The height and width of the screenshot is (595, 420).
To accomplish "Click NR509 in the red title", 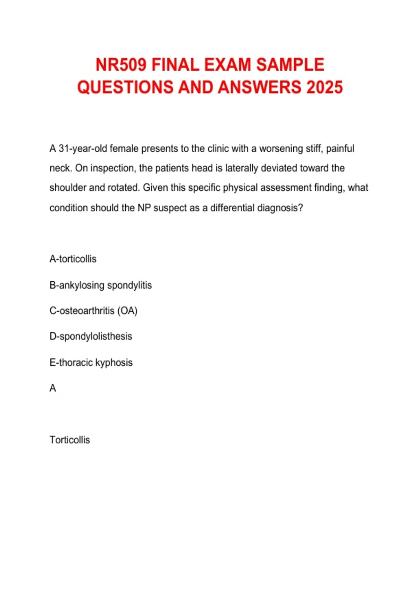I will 121,65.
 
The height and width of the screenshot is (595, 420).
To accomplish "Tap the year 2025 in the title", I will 324,87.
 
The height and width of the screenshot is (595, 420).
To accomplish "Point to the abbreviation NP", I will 144,208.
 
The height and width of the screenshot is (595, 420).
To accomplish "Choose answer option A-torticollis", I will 73,259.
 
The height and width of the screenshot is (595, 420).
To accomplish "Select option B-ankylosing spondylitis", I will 100,285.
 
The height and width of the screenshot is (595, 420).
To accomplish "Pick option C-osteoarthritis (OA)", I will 93,311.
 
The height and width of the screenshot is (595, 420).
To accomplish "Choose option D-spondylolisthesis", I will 91,336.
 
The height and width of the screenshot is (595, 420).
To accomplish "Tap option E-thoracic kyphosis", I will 91,363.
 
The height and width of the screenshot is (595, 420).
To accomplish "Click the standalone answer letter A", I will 53,388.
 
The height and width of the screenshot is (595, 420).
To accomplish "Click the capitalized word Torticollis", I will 70,440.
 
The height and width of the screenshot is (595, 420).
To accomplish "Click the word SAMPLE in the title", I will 290,65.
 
